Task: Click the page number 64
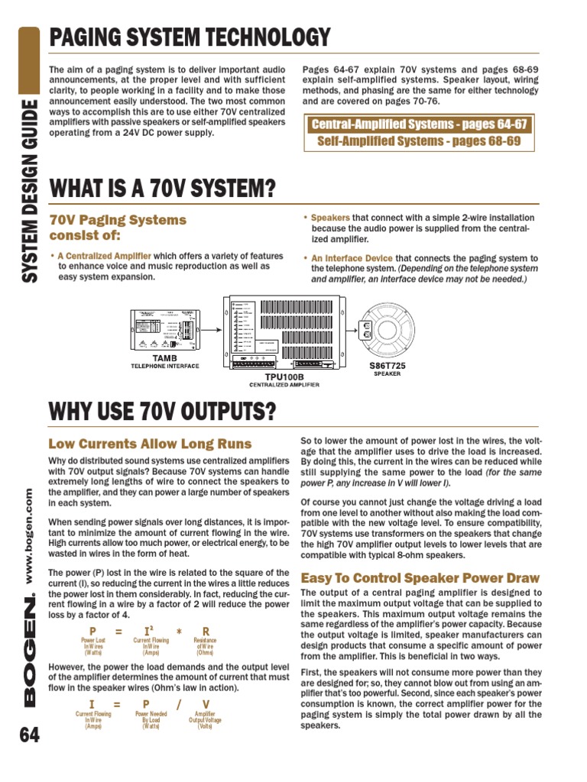tap(28, 735)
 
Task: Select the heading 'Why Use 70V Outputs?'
tap(162, 412)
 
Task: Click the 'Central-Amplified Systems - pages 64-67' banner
tap(418, 124)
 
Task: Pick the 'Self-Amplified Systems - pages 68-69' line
tap(418, 141)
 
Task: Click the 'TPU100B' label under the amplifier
tap(284, 377)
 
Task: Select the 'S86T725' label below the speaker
tap(388, 366)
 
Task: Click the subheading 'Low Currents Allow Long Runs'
tap(151, 444)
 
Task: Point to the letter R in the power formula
tap(205, 631)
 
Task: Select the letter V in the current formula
tap(205, 703)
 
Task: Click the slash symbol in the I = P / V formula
tap(178, 703)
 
